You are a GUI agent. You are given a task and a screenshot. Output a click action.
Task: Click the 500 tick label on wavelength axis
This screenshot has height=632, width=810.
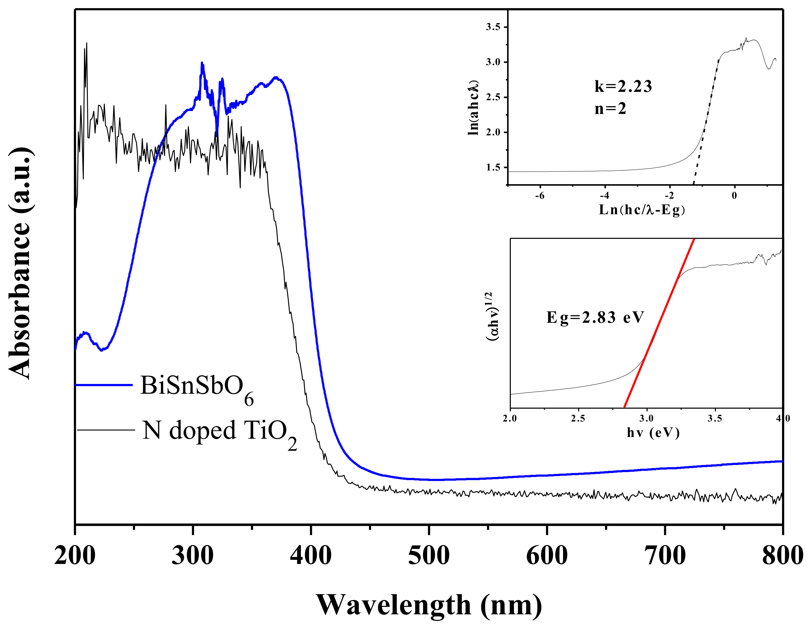point(429,556)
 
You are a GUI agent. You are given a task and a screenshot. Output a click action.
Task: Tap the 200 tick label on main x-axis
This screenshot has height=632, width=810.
point(75,556)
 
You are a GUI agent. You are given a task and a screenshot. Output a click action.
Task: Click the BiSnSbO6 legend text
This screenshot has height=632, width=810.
point(197,388)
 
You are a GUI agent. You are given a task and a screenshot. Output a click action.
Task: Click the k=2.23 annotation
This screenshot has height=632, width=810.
point(623,86)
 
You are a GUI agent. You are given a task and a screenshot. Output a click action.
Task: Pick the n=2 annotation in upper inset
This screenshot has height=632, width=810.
point(610,109)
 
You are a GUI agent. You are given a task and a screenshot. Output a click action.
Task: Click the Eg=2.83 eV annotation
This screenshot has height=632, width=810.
point(595,317)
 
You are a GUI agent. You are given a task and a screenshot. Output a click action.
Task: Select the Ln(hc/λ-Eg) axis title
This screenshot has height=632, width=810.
point(642,210)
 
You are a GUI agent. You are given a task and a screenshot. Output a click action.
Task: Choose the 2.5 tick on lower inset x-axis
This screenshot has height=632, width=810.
point(578,419)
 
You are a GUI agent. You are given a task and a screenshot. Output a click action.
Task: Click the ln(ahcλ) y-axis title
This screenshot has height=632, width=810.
point(473,108)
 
